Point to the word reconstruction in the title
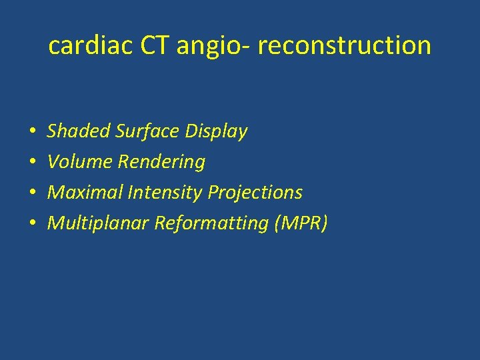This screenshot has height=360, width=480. (345, 45)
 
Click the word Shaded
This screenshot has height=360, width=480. (79, 131)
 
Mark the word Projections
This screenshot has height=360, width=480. (255, 193)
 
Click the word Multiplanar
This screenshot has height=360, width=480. (99, 223)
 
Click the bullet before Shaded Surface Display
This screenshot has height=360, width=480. (32, 132)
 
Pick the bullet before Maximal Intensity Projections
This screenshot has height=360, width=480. (32, 193)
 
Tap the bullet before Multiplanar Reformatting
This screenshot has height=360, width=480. (32, 224)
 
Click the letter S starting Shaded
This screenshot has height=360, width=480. (52, 131)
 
